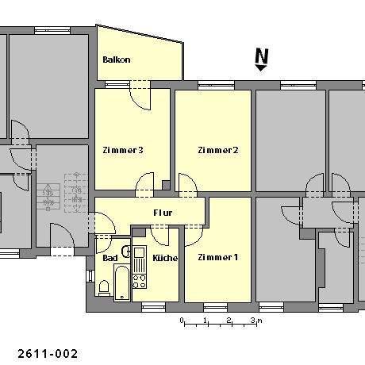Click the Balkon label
(x=116, y=60)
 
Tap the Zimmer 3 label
(x=122, y=150)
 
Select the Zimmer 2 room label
(x=218, y=150)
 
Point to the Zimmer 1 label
(x=217, y=257)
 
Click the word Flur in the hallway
(x=163, y=213)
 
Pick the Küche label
(x=164, y=258)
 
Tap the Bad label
(x=109, y=258)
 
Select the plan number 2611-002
(x=47, y=352)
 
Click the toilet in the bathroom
(x=103, y=286)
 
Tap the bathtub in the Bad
(x=121, y=282)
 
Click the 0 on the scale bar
(x=182, y=320)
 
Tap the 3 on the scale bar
(x=252, y=320)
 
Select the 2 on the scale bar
(x=229, y=320)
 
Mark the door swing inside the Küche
(x=158, y=236)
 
